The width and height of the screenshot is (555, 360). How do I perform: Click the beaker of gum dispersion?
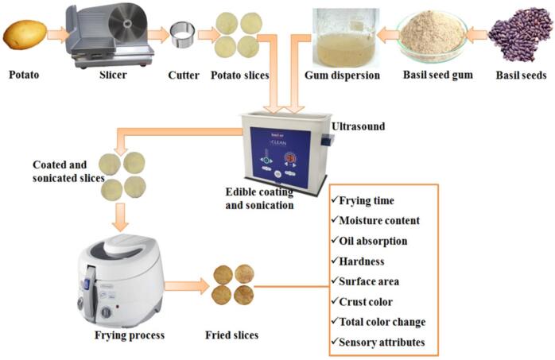coord(340,37)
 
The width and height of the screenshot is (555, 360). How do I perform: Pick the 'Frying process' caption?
coord(130,335)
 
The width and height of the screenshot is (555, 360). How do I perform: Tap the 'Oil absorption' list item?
coord(380,239)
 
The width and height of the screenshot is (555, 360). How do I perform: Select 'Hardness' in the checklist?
coord(367,260)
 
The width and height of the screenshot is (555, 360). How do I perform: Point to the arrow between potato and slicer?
coord(56,34)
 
